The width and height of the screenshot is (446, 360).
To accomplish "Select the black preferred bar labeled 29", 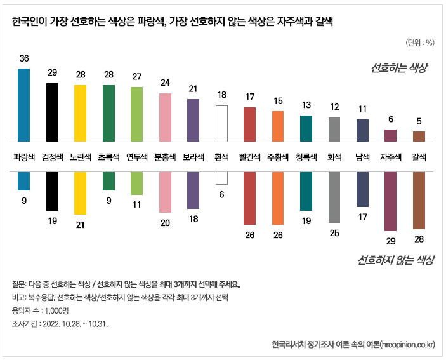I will [x=52, y=112].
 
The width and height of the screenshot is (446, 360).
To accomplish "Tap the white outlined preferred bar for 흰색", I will [x=221, y=123].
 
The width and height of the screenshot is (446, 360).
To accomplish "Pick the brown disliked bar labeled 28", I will [x=419, y=200].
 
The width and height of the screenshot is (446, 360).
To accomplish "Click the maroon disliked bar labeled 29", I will [x=390, y=201].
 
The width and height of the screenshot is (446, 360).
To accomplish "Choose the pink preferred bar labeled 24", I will [x=165, y=117].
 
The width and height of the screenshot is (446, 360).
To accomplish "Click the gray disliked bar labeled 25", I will [x=334, y=197].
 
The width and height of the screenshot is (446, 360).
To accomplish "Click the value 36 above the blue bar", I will [x=23, y=58].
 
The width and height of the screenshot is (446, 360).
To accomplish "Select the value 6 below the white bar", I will [x=221, y=194].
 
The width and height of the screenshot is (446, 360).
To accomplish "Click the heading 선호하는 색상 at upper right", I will [x=399, y=68].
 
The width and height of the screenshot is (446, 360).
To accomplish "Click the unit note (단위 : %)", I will [x=419, y=43].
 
